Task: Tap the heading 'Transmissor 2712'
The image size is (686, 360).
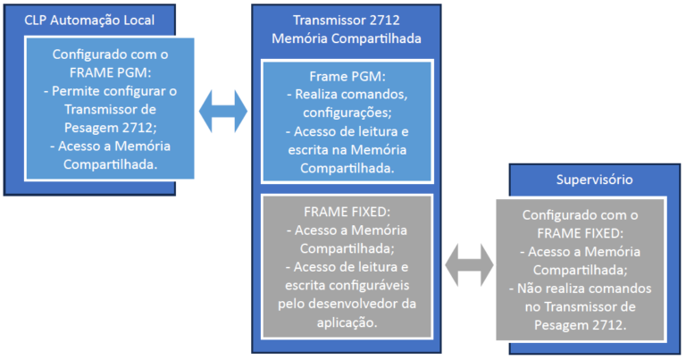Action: click(x=345, y=20)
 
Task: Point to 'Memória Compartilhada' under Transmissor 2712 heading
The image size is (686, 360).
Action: click(x=345, y=38)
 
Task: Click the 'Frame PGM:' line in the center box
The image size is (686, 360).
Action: click(x=345, y=76)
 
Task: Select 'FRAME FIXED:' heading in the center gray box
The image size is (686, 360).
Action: click(x=345, y=212)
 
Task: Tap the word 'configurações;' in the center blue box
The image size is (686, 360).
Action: click(x=345, y=113)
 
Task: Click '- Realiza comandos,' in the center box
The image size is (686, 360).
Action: click(x=345, y=95)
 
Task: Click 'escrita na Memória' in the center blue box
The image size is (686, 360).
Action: click(x=345, y=149)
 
